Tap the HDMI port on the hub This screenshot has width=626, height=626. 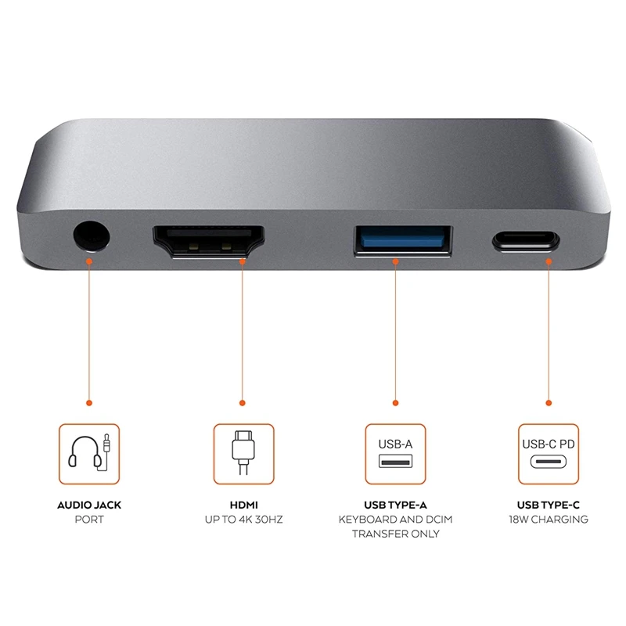click(x=208, y=240)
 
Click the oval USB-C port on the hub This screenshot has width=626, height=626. click(x=526, y=240)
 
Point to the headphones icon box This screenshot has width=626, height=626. click(x=89, y=454)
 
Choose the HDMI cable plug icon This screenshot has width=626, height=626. click(x=243, y=454)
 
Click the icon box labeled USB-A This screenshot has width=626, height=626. click(x=395, y=454)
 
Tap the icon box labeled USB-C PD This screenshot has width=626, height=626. click(x=548, y=454)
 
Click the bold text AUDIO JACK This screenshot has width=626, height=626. click(x=89, y=505)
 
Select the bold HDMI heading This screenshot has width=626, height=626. click(x=243, y=505)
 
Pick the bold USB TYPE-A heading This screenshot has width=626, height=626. click(x=395, y=505)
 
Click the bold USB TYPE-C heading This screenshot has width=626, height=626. click(x=548, y=505)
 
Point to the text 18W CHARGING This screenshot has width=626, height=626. click(x=548, y=520)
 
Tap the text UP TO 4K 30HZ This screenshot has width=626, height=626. click(x=243, y=520)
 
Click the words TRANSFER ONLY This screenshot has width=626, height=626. click(x=395, y=534)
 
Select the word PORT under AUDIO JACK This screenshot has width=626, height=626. click(x=89, y=520)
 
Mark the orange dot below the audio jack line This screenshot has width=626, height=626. click(x=89, y=403)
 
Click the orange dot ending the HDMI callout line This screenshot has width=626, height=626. click(x=243, y=403)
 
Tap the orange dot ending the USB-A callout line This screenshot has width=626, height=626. click(x=395, y=403)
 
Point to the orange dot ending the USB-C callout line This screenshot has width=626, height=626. click(x=548, y=403)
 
